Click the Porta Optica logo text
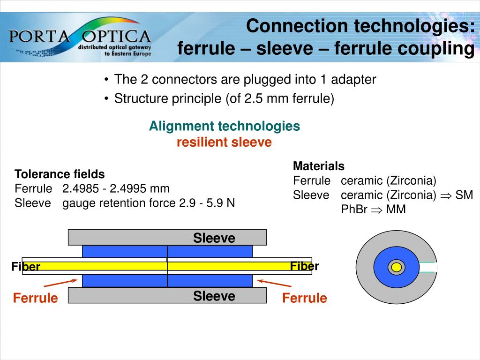80,36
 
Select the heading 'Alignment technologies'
225,126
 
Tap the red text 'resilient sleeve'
224,142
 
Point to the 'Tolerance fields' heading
60,174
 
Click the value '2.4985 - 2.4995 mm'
116,188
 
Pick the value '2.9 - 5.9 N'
207,203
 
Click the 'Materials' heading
319,166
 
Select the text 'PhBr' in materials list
354,210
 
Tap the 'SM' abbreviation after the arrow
464,195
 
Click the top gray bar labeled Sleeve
167,237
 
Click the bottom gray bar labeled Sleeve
167,295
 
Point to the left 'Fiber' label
26,267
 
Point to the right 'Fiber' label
305,266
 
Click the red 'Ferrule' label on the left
36,298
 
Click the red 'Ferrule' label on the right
305,298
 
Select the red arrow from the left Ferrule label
60,283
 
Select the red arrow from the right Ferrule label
274,283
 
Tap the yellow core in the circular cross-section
397,267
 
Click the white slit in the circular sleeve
428,267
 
